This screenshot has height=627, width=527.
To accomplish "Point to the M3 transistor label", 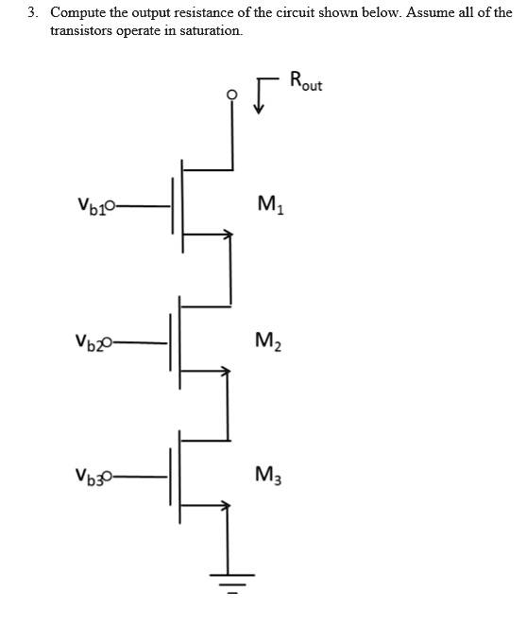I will point(267,475).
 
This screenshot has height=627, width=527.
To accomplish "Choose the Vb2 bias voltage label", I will point(91,341).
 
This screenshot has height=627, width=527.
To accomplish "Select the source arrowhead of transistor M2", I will point(225,372).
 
